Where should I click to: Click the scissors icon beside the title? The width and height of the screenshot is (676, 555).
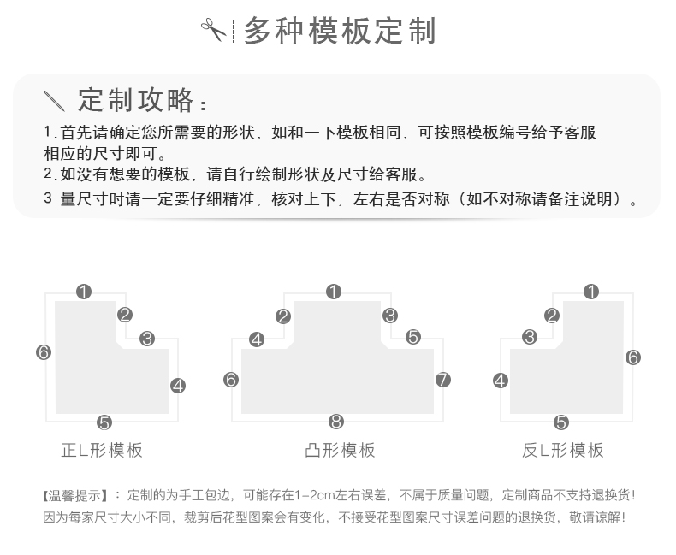[x=213, y=30]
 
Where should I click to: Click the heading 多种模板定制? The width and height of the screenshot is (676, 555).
[x=340, y=31]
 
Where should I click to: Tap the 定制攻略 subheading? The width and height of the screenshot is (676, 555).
[x=136, y=100]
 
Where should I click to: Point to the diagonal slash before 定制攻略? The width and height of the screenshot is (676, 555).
[x=54, y=101]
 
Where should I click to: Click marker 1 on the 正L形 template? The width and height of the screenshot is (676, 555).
[x=84, y=292]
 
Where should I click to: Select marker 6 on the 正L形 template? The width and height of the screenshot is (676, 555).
[x=44, y=352]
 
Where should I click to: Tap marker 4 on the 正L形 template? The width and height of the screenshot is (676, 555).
[x=178, y=386]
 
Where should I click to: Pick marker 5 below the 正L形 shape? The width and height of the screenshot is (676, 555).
[x=104, y=422]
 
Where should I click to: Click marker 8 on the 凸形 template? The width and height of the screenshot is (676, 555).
[x=335, y=422]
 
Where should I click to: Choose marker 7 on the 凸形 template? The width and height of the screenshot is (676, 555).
[x=442, y=380]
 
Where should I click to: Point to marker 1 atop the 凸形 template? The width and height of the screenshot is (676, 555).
[x=334, y=292]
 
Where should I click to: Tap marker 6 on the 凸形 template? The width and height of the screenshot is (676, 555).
[x=230, y=380]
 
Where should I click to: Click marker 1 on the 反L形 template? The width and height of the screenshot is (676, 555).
[x=591, y=292]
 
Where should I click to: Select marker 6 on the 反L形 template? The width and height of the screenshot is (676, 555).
[x=633, y=357]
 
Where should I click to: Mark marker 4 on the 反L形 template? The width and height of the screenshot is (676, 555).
[x=500, y=381]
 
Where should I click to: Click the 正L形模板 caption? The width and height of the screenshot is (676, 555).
[x=102, y=451]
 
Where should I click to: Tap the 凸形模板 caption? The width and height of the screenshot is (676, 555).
[x=340, y=451]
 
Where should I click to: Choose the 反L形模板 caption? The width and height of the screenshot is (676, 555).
[x=562, y=451]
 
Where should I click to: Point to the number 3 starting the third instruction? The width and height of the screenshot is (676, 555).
[x=49, y=198]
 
